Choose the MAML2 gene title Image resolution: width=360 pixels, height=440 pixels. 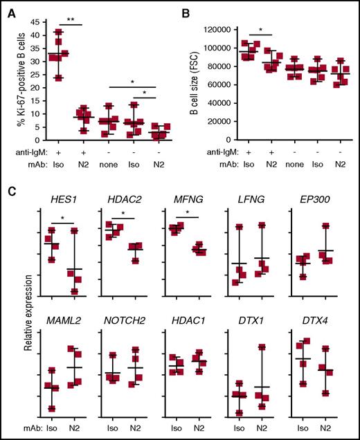(68, 320)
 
